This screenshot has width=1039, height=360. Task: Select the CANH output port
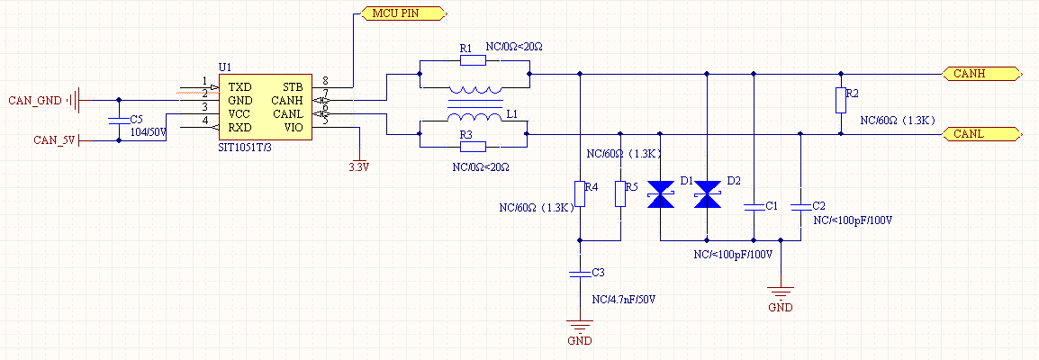(981, 73)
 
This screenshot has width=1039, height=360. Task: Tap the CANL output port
(981, 134)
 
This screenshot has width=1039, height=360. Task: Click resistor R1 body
(472, 60)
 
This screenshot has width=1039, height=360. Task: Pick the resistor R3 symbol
(472, 146)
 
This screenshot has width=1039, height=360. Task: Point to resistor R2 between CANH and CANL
(841, 100)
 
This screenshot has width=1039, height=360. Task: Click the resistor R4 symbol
(580, 194)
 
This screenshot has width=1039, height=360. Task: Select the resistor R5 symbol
(620, 194)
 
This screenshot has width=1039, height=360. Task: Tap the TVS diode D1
(662, 194)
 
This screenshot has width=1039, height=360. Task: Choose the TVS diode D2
(708, 194)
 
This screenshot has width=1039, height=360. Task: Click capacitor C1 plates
(754, 206)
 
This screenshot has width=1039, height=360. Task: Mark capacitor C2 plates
(800, 206)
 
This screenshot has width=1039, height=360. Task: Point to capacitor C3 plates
(580, 271)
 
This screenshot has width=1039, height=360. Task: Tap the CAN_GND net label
(33, 100)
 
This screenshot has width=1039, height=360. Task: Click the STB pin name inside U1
(294, 86)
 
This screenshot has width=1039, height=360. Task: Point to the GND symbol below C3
(580, 329)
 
